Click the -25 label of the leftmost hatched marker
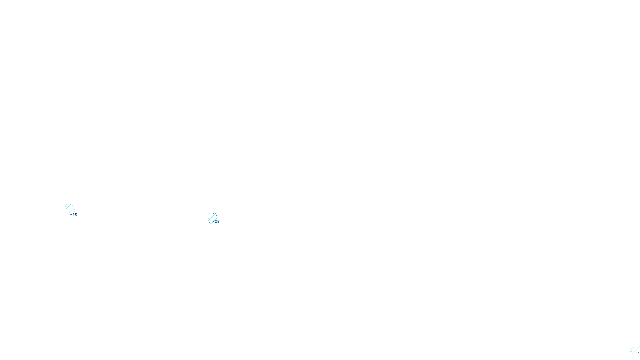(74, 215)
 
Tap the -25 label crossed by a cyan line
(216, 221)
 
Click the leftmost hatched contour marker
(70, 208)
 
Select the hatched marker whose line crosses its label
(212, 218)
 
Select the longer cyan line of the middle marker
(212, 217)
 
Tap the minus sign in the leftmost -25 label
(71, 215)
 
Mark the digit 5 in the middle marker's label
(218, 221)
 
